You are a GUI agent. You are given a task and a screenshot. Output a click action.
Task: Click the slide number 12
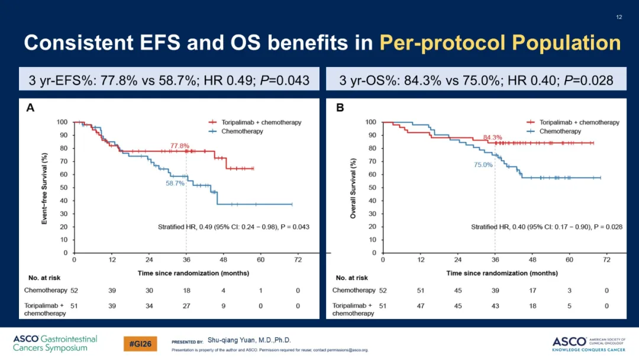coord(619,17)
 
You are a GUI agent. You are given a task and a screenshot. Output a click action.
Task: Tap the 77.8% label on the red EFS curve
coord(180,146)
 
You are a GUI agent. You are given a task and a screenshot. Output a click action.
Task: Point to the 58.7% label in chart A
coord(175,184)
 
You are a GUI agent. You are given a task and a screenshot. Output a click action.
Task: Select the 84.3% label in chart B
coord(492,137)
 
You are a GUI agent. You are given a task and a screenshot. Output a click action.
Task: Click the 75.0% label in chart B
coord(483,165)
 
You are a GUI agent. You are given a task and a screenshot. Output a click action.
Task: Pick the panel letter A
coord(30,108)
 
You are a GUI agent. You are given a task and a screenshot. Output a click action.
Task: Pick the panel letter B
coord(340,108)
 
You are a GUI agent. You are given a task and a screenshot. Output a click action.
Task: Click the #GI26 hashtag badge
coord(140,343)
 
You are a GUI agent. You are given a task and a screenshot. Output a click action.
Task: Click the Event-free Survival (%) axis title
coord(44,188)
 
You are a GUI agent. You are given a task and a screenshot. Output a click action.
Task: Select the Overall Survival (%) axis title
coord(353,188)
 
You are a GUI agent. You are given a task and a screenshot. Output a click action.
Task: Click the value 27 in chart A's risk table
coord(186,306)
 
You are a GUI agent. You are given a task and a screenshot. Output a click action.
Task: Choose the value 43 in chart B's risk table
coord(495,306)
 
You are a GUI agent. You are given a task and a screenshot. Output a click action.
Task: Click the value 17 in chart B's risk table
coord(532,290)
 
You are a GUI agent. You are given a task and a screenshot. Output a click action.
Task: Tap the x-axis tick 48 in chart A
coord(223,260)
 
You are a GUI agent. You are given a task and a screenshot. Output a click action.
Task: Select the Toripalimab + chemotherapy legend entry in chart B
coord(573,123)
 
